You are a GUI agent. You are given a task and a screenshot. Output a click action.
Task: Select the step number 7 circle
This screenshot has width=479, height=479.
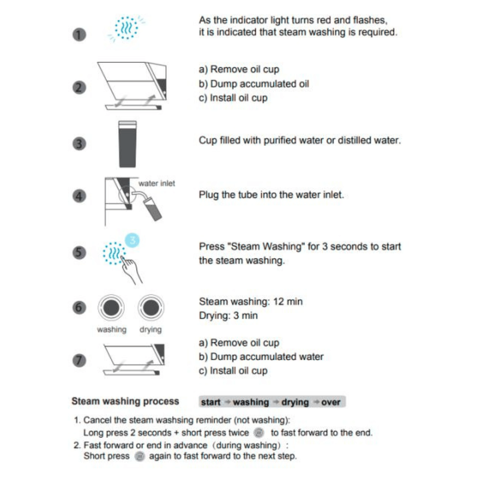click(79, 360)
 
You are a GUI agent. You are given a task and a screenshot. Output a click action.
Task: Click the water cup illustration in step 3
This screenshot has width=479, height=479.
click(128, 144)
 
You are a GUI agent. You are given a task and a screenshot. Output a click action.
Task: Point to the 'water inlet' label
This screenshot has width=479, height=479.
click(157, 184)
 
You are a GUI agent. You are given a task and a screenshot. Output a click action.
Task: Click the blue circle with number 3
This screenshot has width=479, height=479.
click(132, 240)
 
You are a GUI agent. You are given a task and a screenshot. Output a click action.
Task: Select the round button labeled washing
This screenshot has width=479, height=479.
click(111, 307)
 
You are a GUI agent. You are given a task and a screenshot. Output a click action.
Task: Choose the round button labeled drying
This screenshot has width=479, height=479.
click(151, 307)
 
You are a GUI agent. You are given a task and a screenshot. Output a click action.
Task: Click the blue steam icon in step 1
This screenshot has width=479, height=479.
click(126, 28)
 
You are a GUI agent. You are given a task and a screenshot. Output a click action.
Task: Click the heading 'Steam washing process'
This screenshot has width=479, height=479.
click(125, 401)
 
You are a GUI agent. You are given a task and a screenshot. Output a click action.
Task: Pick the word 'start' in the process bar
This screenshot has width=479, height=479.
click(211, 402)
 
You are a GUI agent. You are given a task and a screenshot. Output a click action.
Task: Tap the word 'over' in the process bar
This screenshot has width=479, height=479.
click(331, 402)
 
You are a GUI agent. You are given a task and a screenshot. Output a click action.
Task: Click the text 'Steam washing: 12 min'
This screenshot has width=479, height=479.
click(251, 302)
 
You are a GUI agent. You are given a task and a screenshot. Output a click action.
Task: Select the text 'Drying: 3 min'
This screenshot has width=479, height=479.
click(228, 316)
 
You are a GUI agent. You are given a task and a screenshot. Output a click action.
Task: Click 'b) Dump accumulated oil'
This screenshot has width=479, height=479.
click(254, 83)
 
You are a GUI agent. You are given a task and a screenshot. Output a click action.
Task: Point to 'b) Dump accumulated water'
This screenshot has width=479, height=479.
click(261, 357)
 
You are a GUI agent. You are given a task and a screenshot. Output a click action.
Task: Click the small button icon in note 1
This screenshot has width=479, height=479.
click(260, 432)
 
